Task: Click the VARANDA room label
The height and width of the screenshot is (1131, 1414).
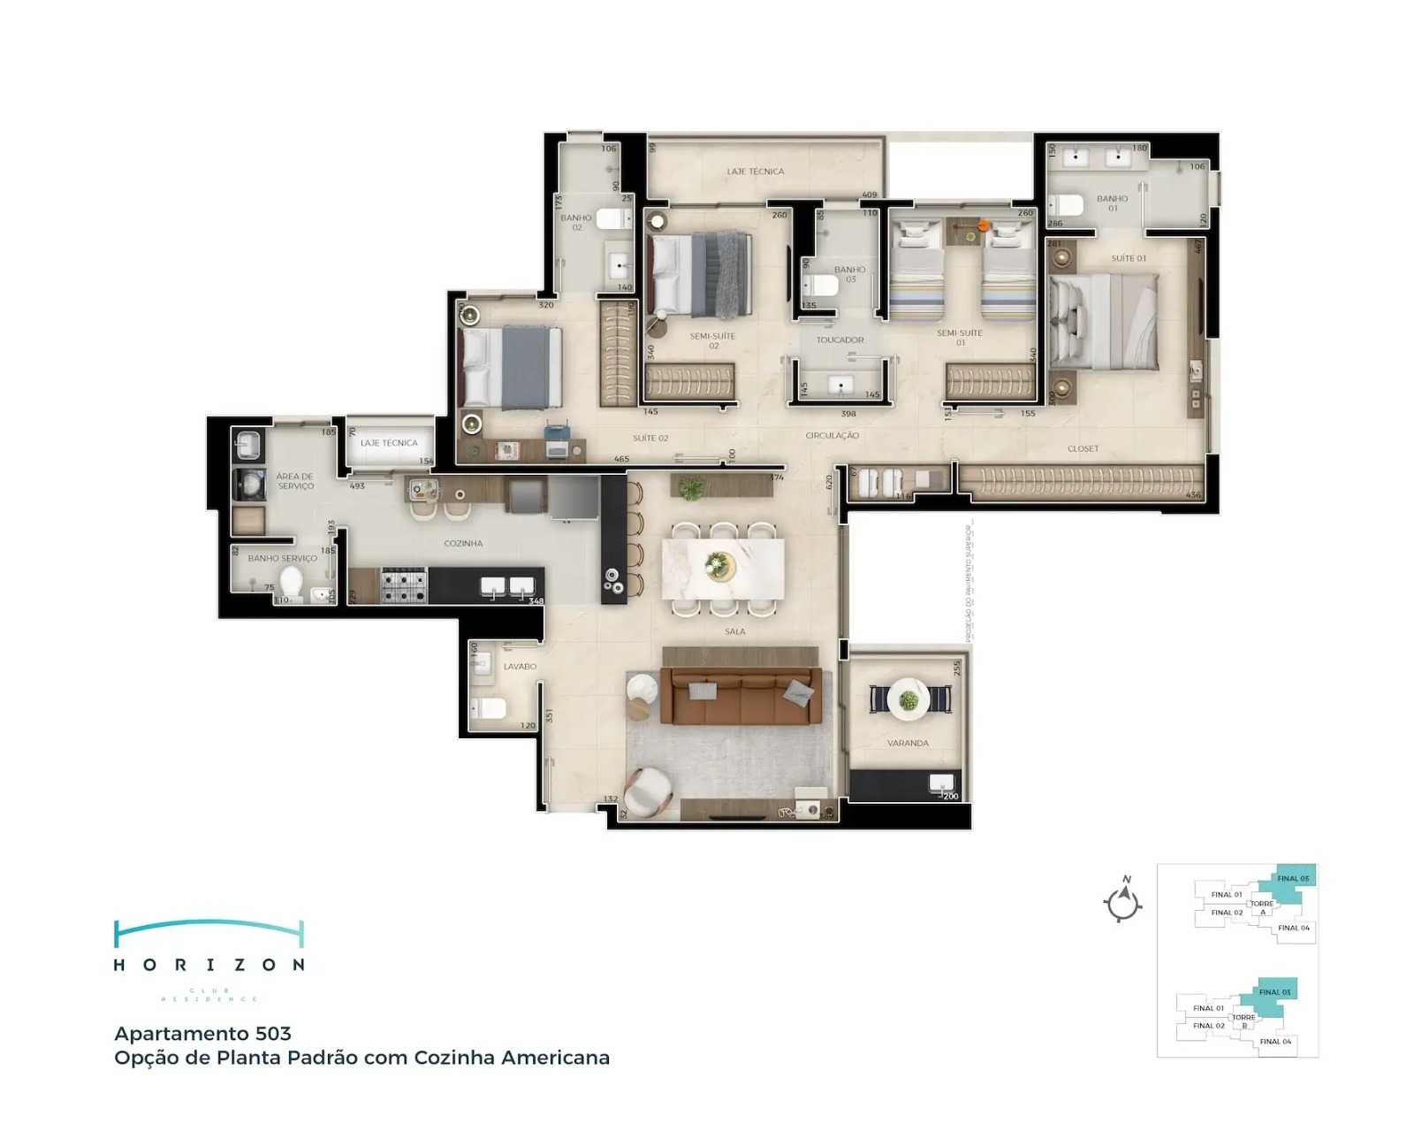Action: click(x=908, y=744)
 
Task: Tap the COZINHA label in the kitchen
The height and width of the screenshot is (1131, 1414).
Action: click(x=463, y=544)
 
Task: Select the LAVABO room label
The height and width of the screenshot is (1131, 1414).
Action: click(x=520, y=667)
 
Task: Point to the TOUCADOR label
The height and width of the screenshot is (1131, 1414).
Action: click(x=840, y=340)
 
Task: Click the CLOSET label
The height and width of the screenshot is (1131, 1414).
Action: click(x=1083, y=449)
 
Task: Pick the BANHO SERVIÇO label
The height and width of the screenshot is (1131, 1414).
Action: click(x=282, y=559)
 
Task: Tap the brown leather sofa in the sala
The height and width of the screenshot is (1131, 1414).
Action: click(x=741, y=696)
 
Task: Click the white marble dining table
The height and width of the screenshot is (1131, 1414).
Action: click(x=723, y=567)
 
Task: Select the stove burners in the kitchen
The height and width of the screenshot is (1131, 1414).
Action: click(x=403, y=585)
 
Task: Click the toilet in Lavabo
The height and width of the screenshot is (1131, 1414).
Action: click(x=488, y=708)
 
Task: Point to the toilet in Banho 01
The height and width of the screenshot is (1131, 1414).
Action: click(x=1067, y=206)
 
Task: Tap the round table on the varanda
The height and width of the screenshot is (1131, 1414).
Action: click(x=908, y=699)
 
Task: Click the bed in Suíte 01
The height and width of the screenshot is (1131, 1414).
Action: click(x=1105, y=321)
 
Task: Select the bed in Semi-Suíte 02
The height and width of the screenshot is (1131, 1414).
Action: click(x=700, y=274)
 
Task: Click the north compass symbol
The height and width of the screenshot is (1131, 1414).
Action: click(x=1123, y=902)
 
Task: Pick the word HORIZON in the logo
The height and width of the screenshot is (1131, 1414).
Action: click(x=209, y=965)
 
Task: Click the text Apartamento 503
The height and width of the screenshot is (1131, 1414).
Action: click(x=202, y=1034)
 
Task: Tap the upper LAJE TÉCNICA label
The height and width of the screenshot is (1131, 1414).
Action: click(x=755, y=172)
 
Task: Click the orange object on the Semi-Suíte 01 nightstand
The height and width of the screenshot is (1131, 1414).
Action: click(x=983, y=226)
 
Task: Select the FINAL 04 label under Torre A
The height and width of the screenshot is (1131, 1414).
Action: click(x=1293, y=928)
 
